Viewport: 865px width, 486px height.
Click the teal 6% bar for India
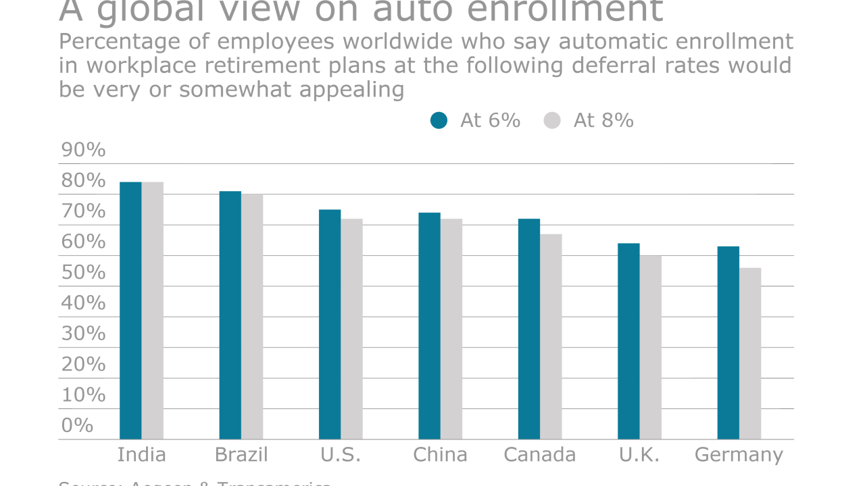coord(130,310)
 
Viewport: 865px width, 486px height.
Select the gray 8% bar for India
coord(153,310)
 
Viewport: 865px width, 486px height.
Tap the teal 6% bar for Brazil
coord(230,315)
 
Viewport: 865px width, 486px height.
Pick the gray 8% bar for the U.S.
coord(351,329)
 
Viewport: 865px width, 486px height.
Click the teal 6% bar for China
coord(429,326)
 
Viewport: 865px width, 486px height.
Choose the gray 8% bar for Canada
coord(551,336)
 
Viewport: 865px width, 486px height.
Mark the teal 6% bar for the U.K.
coord(628,341)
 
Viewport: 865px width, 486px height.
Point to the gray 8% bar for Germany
coord(750,353)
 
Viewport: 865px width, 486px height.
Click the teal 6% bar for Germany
coord(728,343)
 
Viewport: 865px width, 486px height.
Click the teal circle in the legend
coord(439,121)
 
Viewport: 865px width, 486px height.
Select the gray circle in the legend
coord(552,121)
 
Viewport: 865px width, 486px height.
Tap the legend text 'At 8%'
coord(603,120)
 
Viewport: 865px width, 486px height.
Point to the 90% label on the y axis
coord(84,150)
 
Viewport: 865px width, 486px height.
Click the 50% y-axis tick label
coord(84,273)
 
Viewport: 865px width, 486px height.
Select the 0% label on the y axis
coord(77,425)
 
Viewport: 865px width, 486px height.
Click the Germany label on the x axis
coord(739,455)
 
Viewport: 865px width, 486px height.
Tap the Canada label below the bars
coord(540,455)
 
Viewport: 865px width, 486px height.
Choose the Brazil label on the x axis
coord(241,455)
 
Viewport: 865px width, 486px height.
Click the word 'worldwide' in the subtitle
coord(397,42)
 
